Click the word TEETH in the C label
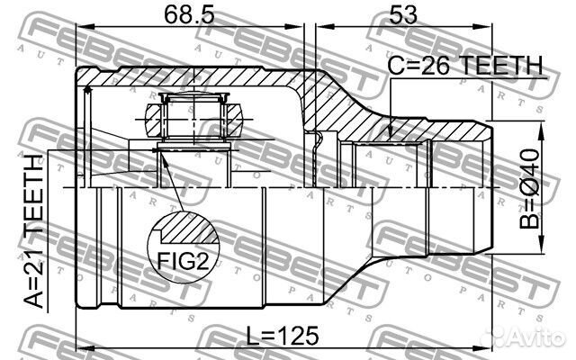(503, 66)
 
